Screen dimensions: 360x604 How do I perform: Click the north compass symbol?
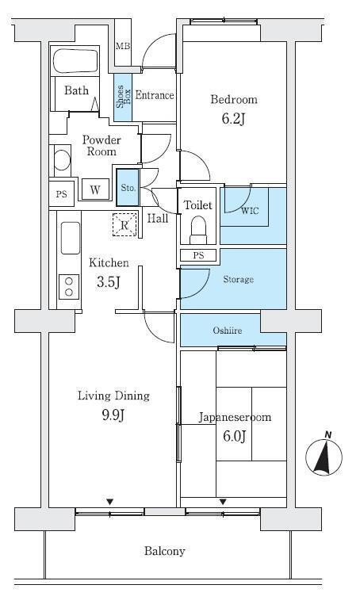(x=324, y=456)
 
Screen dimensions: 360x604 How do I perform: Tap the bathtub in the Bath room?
(x=75, y=60)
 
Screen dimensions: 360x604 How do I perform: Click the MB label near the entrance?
(x=123, y=47)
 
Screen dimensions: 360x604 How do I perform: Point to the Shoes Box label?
(x=124, y=96)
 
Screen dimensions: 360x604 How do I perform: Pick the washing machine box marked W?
(x=95, y=189)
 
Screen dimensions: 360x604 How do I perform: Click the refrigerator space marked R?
(x=124, y=224)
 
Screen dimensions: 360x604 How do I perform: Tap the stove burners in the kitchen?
(x=69, y=287)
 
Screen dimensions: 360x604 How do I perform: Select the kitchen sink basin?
(x=70, y=238)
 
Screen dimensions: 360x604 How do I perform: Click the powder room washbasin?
(x=62, y=160)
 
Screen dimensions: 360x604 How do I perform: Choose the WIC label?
(x=249, y=211)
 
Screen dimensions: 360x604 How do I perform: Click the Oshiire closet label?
(x=228, y=330)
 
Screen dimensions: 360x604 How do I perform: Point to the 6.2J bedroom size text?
(x=233, y=119)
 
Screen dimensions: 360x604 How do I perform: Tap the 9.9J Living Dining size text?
(x=113, y=415)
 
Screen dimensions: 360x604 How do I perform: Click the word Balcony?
(x=165, y=551)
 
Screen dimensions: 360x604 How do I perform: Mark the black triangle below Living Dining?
(x=110, y=502)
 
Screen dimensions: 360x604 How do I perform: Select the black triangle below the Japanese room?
(x=223, y=502)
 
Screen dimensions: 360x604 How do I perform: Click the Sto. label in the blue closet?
(x=128, y=188)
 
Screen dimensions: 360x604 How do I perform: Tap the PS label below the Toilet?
(x=198, y=255)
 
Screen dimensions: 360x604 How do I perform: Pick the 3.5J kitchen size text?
(x=109, y=282)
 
